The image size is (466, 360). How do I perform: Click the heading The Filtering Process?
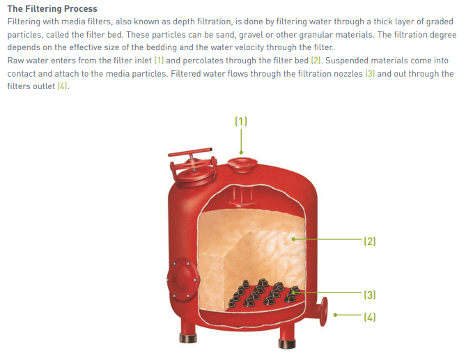click(x=52, y=9)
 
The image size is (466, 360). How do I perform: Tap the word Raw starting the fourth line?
click(x=16, y=61)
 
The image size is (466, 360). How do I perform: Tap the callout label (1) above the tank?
click(x=240, y=121)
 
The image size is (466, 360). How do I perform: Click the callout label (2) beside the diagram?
click(x=369, y=241)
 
